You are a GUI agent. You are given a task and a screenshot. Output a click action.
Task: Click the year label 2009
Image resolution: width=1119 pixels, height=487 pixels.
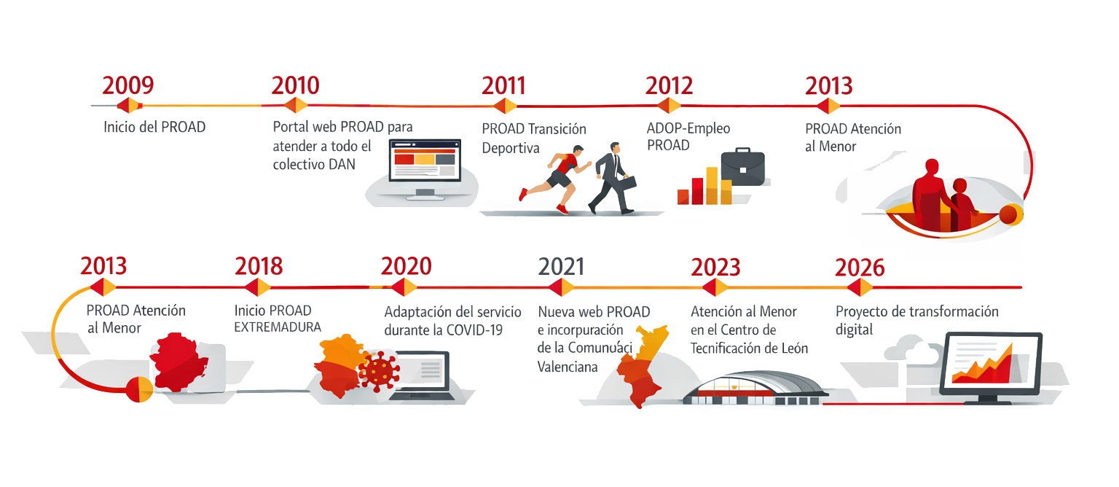coord(128,85)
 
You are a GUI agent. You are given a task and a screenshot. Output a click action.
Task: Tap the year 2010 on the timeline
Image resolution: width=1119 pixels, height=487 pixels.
coord(295,85)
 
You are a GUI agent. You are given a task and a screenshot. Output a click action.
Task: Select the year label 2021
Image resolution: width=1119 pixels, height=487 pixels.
coord(561,267)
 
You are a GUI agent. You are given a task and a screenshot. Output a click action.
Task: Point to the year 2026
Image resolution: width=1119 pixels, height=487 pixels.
coord(860,268)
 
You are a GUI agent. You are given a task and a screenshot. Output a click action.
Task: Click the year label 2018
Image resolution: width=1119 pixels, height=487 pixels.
coord(259,267)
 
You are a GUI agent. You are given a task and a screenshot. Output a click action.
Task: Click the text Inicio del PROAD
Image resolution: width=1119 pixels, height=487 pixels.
coord(154,127)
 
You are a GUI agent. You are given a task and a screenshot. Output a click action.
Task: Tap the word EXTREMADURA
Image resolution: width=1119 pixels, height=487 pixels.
coord(278,327)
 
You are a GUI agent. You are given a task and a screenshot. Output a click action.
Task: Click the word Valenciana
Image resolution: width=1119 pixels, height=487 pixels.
coord(568,366)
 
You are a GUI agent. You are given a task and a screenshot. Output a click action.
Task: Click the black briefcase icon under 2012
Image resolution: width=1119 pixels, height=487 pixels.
coord(742,168)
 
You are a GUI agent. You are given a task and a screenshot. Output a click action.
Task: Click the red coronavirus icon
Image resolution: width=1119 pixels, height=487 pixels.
coord(380,370)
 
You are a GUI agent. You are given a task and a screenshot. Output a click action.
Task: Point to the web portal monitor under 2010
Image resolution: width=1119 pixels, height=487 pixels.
coord(425,166)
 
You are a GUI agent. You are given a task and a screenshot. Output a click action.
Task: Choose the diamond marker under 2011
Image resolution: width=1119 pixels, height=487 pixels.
coord(504,106)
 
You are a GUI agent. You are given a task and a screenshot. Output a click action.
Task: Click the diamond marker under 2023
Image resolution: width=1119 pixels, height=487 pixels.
coord(715,287)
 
